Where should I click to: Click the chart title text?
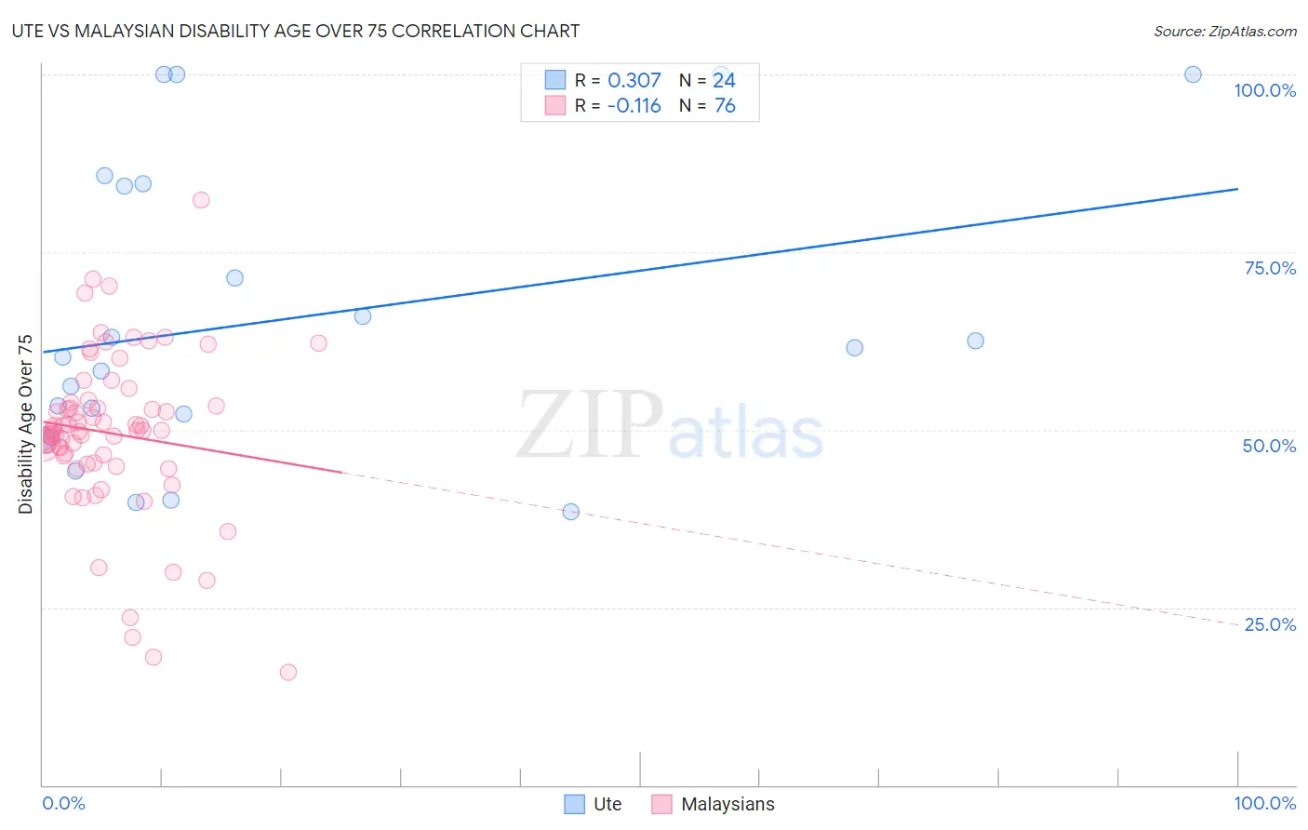click(297, 31)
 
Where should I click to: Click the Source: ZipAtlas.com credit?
click(1224, 31)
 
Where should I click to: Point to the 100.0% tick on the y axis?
click(1264, 90)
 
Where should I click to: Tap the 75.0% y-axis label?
click(1270, 268)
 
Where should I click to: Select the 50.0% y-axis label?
click(1269, 446)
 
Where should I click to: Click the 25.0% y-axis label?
click(1270, 624)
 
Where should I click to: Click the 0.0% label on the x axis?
click(63, 803)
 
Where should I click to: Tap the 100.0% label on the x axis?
click(1264, 803)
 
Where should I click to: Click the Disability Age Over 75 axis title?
click(26, 424)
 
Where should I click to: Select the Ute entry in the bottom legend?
click(607, 804)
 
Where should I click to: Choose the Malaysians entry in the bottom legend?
click(727, 804)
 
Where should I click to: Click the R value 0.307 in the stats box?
click(634, 81)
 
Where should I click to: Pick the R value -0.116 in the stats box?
click(634, 106)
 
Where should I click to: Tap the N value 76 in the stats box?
click(725, 106)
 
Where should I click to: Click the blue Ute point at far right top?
click(1193, 74)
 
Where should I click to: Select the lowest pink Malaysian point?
click(288, 672)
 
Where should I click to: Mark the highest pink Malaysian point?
click(201, 200)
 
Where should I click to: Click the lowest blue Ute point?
click(571, 512)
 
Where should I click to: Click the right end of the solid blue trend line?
click(1237, 189)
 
